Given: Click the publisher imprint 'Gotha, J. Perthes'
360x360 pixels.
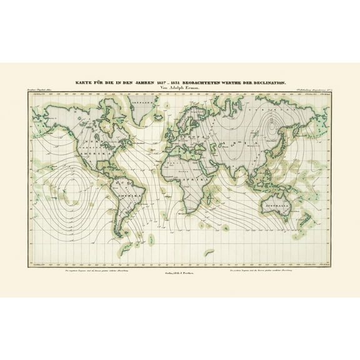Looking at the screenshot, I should [x=179, y=265].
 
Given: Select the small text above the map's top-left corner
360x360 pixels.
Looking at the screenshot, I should [x=44, y=92].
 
